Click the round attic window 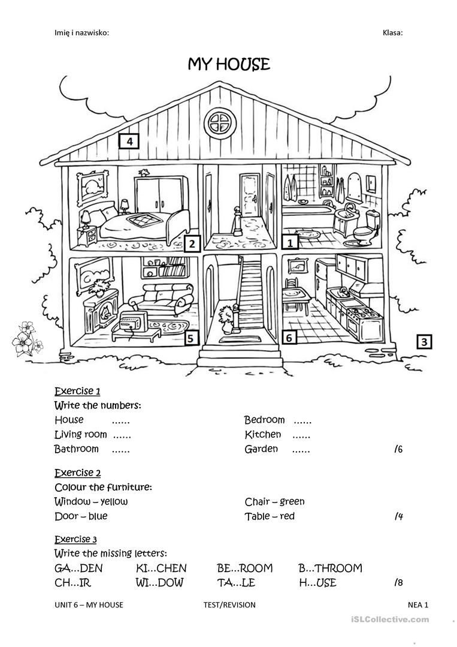coord(219,124)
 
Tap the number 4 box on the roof coord(129,142)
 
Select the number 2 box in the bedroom coord(191,243)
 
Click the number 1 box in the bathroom coord(290,242)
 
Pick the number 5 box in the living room coord(190,338)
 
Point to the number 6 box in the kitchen coord(289,338)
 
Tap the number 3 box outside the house coord(424,342)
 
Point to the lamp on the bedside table coord(86,217)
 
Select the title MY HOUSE coord(229,64)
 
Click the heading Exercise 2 coord(77,473)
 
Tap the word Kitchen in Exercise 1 coord(262,434)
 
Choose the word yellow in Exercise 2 coord(114,501)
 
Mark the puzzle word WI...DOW coord(159,582)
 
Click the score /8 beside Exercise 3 coord(398,582)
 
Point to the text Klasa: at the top coord(392,32)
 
